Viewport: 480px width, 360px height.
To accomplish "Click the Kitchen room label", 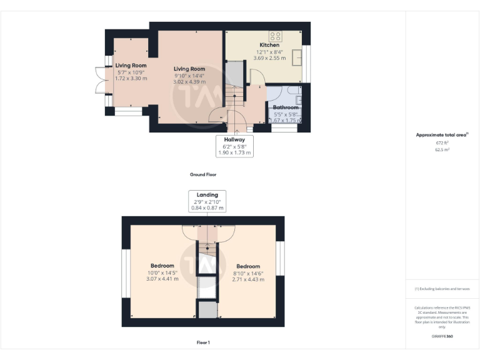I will point(269,46).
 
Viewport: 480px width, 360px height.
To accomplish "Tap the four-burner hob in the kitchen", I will point(276,36).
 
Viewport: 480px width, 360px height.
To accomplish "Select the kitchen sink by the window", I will point(297,56).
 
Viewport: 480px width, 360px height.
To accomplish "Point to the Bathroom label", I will point(286,107).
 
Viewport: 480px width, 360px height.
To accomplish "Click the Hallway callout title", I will point(234,139).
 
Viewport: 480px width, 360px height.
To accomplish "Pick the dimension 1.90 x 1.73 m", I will point(234,152).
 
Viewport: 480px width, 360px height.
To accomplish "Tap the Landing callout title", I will point(208,195).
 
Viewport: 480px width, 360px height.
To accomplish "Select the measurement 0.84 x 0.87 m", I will point(208,207).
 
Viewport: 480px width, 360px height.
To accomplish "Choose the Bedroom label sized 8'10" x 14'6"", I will point(248,266).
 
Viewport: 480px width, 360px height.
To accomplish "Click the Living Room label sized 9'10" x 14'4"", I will point(189,69).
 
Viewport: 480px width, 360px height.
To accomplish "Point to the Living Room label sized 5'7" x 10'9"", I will point(131,66).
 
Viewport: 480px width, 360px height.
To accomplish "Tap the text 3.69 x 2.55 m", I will point(269,58).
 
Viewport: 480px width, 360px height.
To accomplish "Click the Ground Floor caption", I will point(203,174).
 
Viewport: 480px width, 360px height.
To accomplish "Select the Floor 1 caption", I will point(203,342).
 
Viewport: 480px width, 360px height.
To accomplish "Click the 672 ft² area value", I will point(442,143).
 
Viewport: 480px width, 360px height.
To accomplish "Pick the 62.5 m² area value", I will point(442,150).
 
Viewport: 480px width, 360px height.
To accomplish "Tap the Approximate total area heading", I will point(442,135).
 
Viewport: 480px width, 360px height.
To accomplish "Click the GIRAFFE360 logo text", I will point(442,336).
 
